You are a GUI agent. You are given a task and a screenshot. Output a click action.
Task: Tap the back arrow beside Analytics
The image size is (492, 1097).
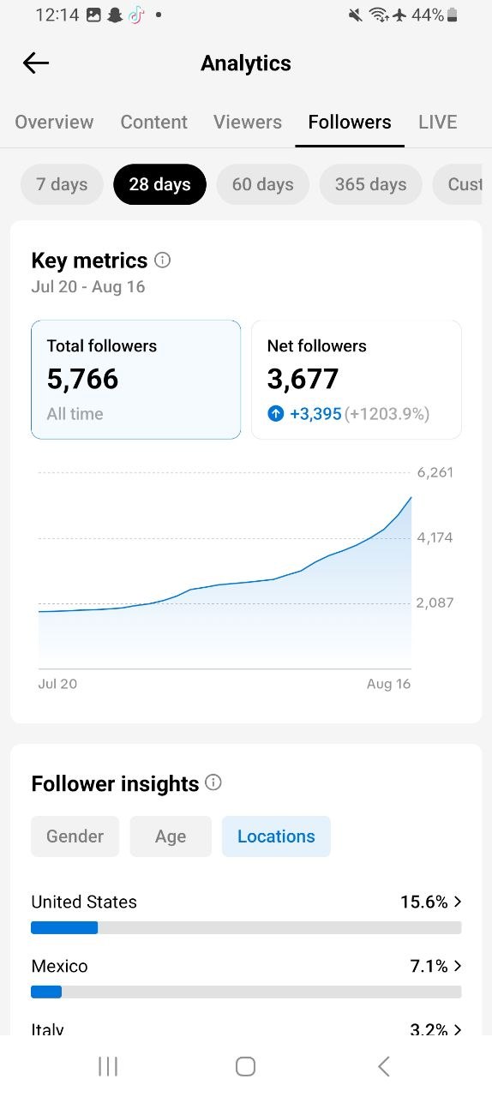pos(36,63)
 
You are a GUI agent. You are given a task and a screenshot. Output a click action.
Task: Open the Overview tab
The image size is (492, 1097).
pos(54,122)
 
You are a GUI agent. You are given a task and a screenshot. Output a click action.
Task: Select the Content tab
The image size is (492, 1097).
pos(154,122)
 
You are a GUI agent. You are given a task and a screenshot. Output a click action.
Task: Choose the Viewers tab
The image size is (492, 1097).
pos(248,122)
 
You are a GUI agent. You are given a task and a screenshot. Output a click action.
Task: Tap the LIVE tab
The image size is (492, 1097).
pos(438,122)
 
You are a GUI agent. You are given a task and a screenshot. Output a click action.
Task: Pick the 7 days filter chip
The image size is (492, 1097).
pos(62,184)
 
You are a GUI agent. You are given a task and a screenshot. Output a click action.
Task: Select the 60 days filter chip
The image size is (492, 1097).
pos(262,184)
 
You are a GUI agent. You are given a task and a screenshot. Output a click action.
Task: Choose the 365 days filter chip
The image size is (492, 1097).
pos(370,184)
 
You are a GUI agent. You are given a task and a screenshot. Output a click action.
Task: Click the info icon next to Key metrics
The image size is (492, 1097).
pos(163,260)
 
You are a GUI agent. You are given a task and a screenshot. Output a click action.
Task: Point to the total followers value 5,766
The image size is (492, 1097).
pos(82,379)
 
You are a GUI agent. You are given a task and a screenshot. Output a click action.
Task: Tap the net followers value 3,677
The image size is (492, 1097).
pos(303,379)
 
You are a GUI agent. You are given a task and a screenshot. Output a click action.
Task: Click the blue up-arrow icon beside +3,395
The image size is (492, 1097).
pos(275,414)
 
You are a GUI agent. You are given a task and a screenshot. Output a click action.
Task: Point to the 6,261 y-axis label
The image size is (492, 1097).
pos(435,472)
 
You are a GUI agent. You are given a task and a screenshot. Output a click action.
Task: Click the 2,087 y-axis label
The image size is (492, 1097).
pos(435,602)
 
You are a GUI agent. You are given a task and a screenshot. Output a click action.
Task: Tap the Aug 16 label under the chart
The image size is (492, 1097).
pos(388,684)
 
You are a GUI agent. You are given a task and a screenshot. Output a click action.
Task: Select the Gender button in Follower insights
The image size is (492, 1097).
pos(75,836)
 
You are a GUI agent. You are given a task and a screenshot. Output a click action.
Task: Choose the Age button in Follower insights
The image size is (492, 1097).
pos(171,836)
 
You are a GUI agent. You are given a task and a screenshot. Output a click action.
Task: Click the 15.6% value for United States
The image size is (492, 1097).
pos(424,902)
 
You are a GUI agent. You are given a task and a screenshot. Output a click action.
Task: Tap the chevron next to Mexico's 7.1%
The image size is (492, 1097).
pos(458,966)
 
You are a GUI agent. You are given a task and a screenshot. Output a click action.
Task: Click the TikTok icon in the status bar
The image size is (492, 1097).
pos(136,15)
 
